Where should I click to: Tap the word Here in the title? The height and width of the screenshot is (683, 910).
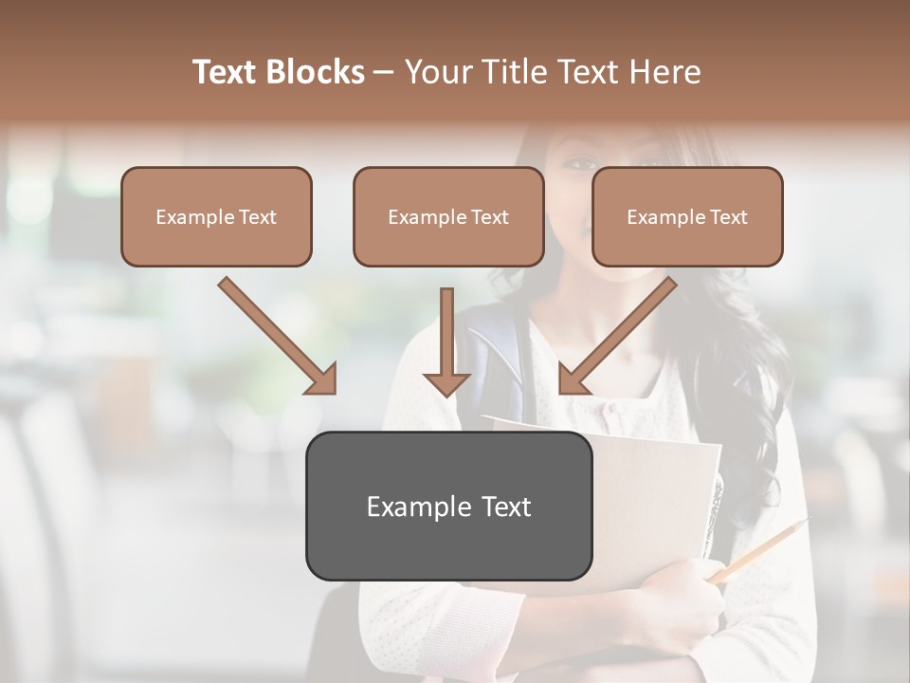(x=666, y=72)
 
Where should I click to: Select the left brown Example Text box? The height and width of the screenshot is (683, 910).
(x=216, y=217)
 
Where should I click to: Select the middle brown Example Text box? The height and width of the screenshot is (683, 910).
(x=448, y=217)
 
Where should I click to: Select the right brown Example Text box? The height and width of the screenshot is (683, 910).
(x=687, y=217)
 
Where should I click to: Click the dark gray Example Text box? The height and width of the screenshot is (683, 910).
(x=448, y=506)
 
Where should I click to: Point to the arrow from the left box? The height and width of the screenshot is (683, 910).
(x=278, y=336)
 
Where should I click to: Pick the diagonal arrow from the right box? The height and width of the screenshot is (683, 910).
(x=617, y=336)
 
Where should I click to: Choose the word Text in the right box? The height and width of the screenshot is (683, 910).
(x=729, y=217)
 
